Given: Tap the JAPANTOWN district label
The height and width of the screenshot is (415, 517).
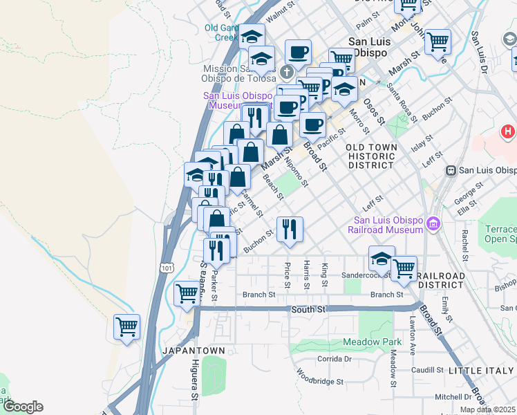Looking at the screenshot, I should click(x=194, y=351).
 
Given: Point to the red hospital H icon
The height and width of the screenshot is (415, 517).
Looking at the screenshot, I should click(x=508, y=131).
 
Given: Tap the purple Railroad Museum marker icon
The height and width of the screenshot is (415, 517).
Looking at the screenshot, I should click(x=433, y=224).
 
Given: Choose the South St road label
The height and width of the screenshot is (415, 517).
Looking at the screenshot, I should click(x=308, y=309).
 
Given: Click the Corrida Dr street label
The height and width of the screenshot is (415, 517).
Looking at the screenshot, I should click(x=335, y=359).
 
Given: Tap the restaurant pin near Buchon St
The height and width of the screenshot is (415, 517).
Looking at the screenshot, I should click(x=290, y=229).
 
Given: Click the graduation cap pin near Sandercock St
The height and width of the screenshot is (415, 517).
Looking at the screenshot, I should click(x=382, y=259).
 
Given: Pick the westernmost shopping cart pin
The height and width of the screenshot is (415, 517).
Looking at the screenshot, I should click(x=127, y=326).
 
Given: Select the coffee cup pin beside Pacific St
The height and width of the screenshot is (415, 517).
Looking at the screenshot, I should click(x=312, y=125).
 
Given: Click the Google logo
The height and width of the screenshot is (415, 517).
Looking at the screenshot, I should click(x=23, y=407).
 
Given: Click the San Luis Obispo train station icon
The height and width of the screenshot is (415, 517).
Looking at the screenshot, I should click(x=451, y=170).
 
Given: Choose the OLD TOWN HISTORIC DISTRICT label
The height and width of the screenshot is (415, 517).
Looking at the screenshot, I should click(x=372, y=156).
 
